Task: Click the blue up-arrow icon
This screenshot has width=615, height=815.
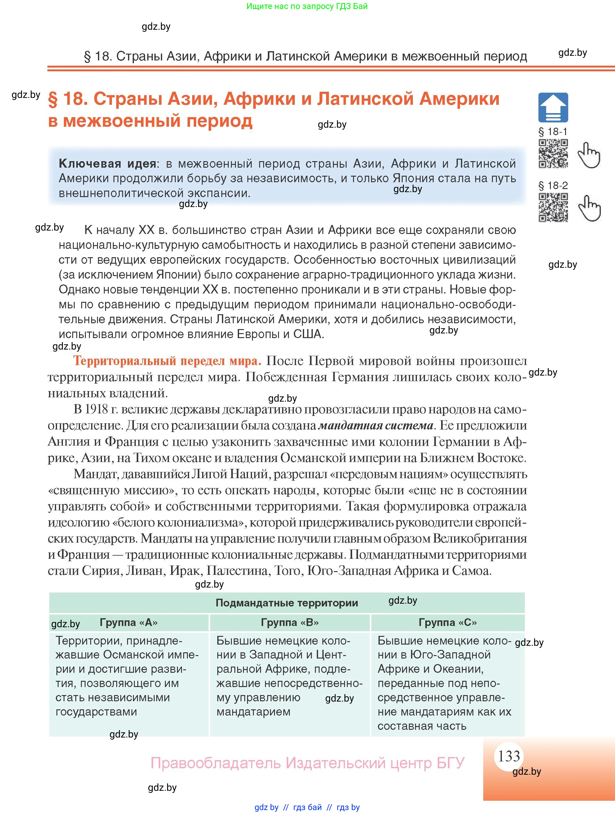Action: pos(553,107)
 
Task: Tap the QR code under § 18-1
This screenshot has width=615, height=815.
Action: pos(553,153)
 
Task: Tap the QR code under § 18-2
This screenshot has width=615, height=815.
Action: pos(553,207)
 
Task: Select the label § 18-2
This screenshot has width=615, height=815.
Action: pos(553,185)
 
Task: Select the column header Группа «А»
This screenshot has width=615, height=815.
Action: pos(129,622)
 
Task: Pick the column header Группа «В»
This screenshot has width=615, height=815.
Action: pos(290,622)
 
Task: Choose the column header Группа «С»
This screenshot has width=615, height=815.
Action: pos(447,622)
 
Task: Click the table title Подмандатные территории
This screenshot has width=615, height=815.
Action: pos(287,603)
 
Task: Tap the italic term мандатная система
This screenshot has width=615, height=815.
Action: pos(375,425)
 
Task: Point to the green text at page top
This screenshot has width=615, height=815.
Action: pos(307,6)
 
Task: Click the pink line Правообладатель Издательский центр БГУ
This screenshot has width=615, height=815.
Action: pos(307,763)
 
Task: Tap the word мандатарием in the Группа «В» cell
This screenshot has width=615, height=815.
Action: pos(253,711)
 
